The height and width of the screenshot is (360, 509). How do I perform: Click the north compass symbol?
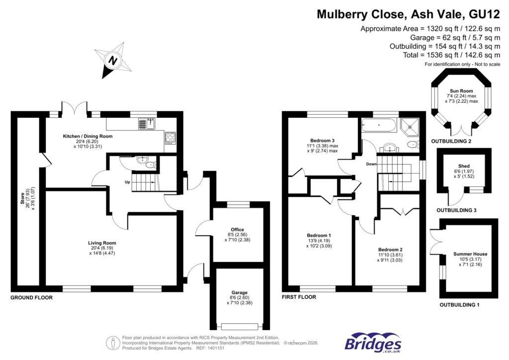[114, 61]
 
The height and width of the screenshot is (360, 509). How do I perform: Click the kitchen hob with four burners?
[170, 137]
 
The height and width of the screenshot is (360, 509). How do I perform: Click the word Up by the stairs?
[127, 182]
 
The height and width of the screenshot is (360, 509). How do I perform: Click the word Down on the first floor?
[370, 164]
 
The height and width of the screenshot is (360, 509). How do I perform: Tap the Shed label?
[464, 166]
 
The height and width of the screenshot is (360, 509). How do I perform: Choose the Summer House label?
[470, 254]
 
